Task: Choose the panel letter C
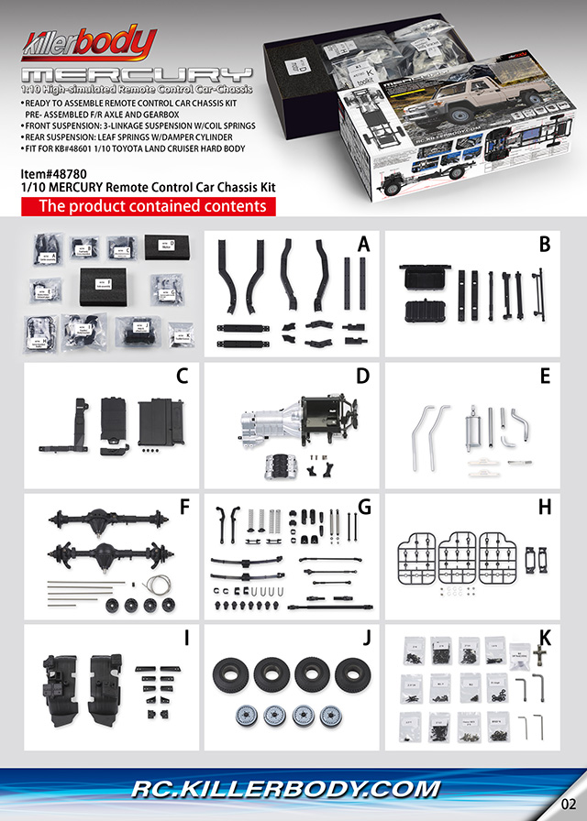point(182,376)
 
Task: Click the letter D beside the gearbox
point(362,376)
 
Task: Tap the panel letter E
point(545,376)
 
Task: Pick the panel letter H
point(544,507)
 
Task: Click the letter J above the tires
point(364,639)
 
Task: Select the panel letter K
point(545,639)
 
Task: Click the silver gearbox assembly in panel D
point(275,421)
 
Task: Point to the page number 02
point(567,804)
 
